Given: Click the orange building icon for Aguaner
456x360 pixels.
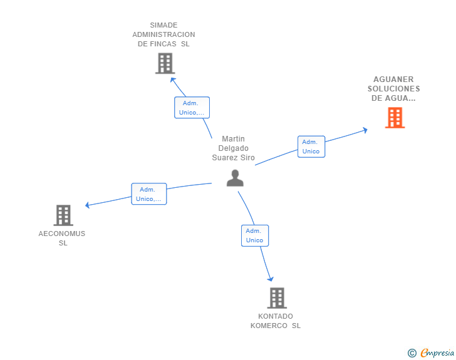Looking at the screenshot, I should point(395,118).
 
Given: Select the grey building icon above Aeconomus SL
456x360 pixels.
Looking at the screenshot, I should point(63,215).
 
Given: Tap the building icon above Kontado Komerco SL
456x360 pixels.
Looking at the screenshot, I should point(277,298).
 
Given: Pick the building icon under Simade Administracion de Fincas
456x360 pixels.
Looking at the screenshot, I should point(165,63).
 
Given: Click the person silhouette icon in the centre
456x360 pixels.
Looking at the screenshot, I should point(235,178).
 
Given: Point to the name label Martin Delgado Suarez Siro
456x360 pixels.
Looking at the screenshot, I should point(233,148).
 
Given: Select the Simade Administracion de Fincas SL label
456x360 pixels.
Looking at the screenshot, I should point(163,34).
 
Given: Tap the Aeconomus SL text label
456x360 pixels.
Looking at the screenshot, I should point(62,238).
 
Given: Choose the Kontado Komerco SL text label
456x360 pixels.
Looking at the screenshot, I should point(276,321).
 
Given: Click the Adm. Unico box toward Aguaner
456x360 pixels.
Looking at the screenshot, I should point(311,147).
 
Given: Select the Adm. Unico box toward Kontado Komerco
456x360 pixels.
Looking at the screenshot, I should point(255,235).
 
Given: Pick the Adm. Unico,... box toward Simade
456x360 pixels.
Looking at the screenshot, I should point(192,108).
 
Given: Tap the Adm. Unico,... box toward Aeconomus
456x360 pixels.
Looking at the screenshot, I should point(148,194).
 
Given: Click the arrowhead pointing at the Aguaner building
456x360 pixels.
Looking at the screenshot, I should point(365,130).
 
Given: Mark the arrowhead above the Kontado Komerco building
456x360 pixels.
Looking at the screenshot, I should point(271,279).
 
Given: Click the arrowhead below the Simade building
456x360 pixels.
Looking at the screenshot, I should point(174,80).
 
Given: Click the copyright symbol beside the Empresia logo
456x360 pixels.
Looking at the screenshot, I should point(412,353).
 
